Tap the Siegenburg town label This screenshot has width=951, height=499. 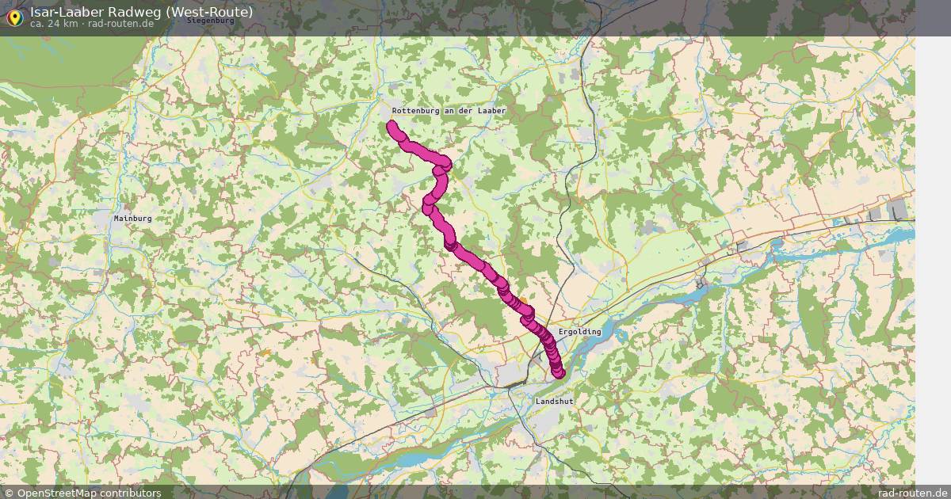point(210,21)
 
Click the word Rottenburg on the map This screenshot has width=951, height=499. point(420,111)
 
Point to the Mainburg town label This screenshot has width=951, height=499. point(132,218)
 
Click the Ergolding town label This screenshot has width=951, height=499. point(580,332)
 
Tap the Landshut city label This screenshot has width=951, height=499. point(554,402)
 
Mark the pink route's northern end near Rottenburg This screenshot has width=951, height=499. point(391,125)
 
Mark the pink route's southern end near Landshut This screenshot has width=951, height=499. point(559,373)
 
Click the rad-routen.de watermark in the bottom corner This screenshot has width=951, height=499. point(912,493)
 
